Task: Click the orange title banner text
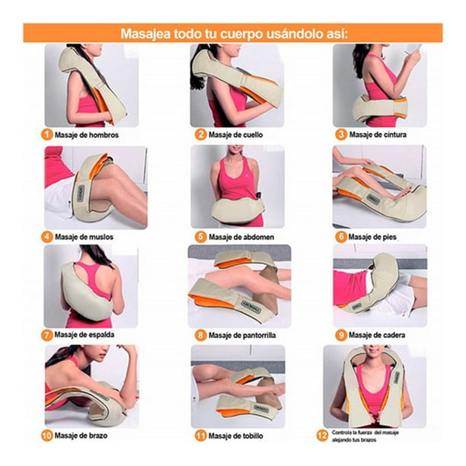point(234,34)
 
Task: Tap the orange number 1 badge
point(46,135)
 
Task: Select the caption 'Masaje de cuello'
point(235,135)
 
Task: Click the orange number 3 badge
point(341,134)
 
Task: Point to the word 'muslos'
point(101,237)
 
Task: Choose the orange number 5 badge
point(200,237)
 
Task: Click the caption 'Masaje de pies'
point(372,237)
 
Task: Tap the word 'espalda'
point(101,334)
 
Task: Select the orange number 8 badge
point(200,335)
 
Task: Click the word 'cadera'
point(393,335)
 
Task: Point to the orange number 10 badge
point(46,436)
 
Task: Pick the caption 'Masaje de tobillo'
point(236,436)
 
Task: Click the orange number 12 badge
point(322,436)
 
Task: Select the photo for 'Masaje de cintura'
point(380,85)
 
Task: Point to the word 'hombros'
point(104,135)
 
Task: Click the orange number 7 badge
point(46,335)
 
